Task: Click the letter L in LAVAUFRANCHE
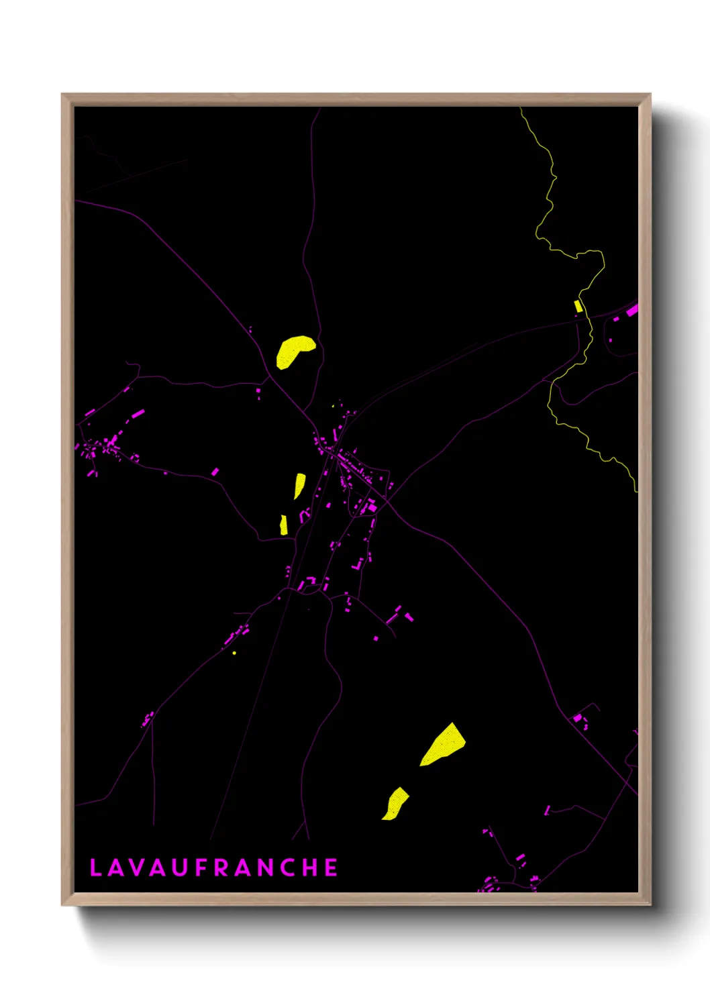[95, 868]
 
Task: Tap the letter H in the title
[311, 868]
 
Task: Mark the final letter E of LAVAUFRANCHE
[332, 868]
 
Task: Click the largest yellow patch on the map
[444, 745]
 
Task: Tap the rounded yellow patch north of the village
[293, 351]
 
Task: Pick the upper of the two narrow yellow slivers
[299, 484]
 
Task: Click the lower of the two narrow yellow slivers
[284, 525]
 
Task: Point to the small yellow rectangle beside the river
[578, 306]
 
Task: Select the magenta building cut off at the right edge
[632, 311]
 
